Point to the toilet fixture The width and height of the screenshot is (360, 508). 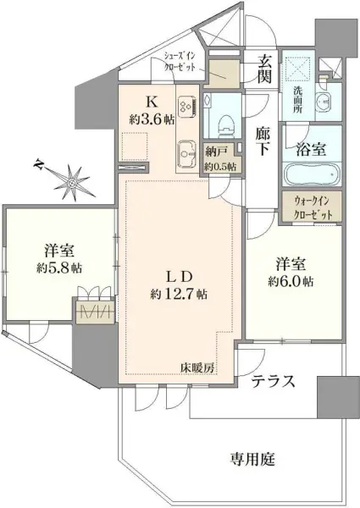[224, 119]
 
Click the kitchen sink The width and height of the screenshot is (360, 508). [187, 155]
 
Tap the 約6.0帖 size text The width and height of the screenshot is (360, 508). [292, 281]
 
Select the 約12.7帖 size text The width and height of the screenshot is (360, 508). [179, 295]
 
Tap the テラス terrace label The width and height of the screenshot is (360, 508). [273, 382]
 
